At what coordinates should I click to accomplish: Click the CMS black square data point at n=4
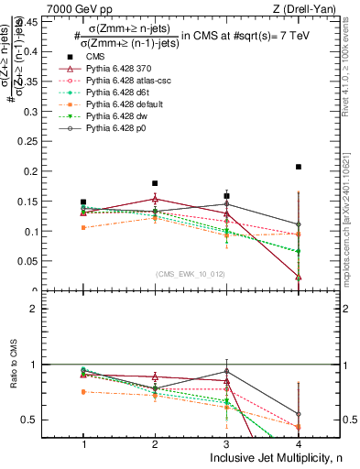click(299, 167)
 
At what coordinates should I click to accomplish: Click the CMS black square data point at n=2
click(155, 183)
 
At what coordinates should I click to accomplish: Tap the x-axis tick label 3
click(226, 443)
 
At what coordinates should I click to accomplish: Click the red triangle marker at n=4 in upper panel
click(299, 276)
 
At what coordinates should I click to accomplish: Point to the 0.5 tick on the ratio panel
click(39, 420)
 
